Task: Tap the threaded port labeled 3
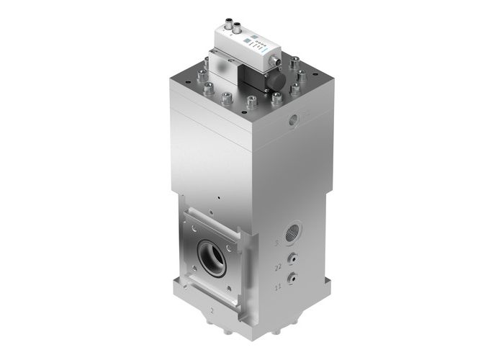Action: (292, 233)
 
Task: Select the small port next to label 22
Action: (291, 257)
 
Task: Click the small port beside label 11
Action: (291, 277)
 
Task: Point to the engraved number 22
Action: (277, 267)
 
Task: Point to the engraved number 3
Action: (276, 243)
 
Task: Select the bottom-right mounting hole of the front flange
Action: (235, 288)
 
